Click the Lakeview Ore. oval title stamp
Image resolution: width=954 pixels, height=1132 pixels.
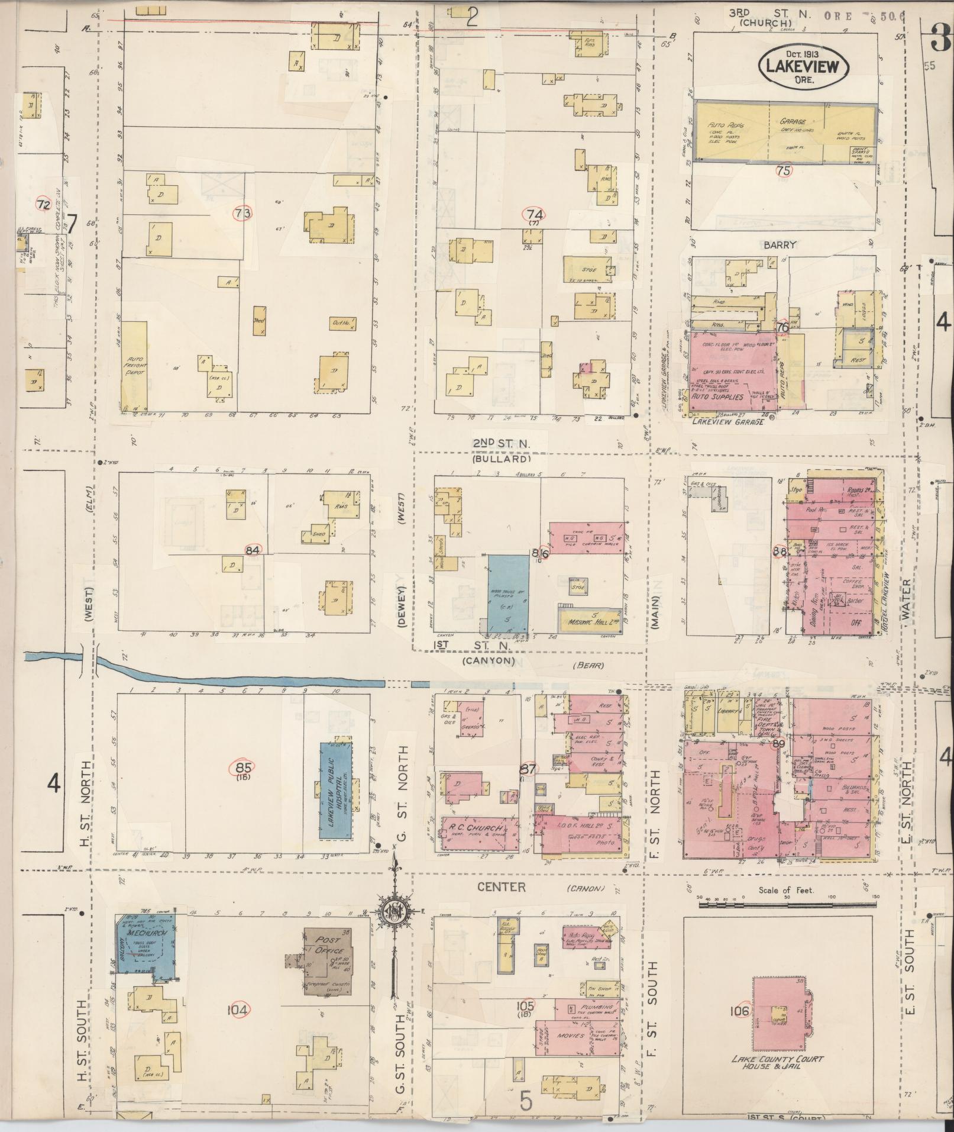click(x=803, y=66)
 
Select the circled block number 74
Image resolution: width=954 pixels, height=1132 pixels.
click(x=536, y=214)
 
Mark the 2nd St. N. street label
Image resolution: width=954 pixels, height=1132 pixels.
click(x=501, y=444)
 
